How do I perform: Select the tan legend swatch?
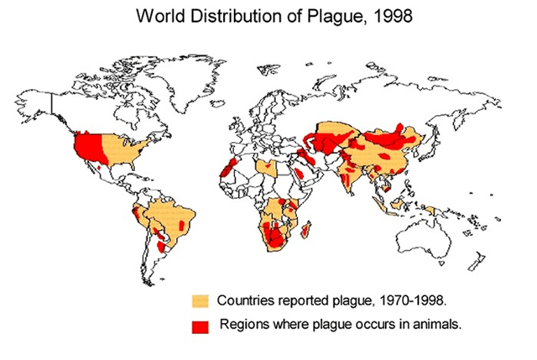pos(200,300)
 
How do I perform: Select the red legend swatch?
pos(200,325)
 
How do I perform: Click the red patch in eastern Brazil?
pos(185,226)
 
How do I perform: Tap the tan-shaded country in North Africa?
pos(268,166)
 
